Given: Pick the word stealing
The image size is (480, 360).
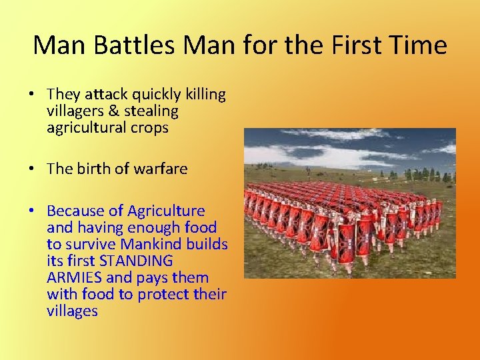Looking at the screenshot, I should [x=150, y=111].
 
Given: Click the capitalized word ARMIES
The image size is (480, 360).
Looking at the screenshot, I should [x=73, y=278].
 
